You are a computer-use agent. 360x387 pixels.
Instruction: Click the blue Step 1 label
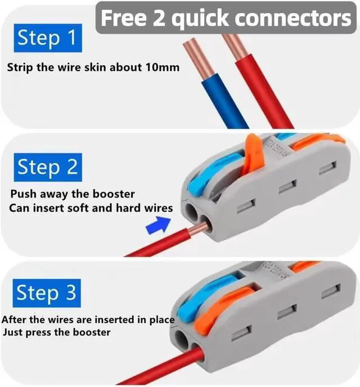point(48,38)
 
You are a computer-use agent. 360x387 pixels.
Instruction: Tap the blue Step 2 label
point(48,167)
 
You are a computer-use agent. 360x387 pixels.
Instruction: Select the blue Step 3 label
point(47,293)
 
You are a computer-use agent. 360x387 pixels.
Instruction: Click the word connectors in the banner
point(292,19)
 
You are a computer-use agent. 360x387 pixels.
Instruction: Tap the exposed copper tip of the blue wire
point(199,59)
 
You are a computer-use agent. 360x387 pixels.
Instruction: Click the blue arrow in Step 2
point(159,224)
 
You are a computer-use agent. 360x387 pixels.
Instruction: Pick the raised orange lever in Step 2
point(254,153)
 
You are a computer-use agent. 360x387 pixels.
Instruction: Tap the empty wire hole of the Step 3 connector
point(183,339)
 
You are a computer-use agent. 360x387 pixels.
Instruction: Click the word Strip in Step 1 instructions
point(20,67)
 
